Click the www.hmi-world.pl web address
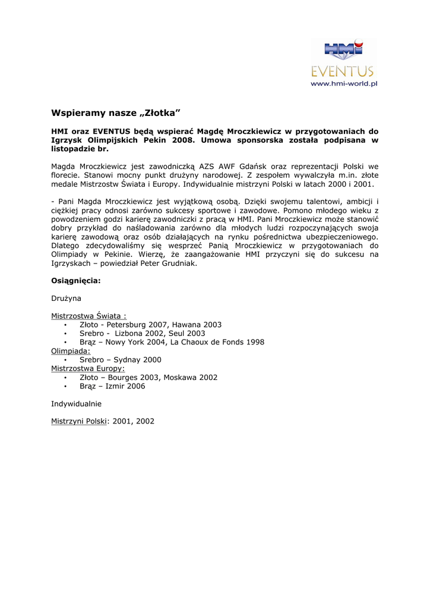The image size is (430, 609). [344, 84]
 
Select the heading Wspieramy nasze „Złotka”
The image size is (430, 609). [115, 112]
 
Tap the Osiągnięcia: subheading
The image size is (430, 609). [75, 281]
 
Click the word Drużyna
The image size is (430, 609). [66, 298]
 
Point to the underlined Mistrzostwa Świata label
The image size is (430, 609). [88, 316]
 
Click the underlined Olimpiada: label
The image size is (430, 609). [71, 351]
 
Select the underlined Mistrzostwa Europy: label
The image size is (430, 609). [88, 369]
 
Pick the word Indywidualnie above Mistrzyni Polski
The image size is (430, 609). [76, 403]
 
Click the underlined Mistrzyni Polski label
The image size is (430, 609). [78, 421]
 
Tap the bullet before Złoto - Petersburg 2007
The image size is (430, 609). [65, 325]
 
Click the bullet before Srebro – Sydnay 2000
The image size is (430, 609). [65, 360]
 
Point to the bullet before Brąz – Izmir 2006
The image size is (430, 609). [65, 387]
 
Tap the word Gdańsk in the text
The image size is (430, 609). [250, 167]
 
